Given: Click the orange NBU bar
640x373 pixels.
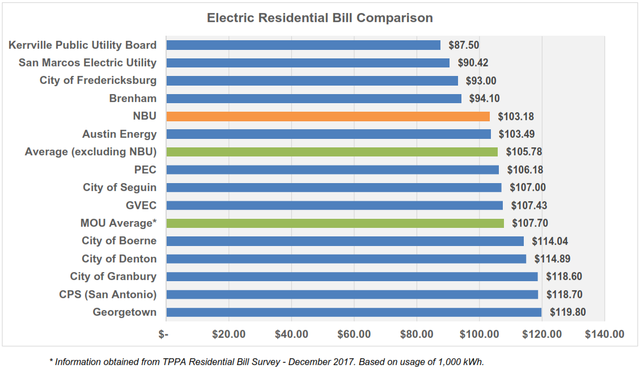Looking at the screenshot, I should (x=328, y=116).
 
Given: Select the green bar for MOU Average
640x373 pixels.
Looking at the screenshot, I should (x=334, y=223).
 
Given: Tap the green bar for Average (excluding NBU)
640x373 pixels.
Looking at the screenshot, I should (x=332, y=152).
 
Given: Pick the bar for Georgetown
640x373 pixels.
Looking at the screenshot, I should (x=354, y=312).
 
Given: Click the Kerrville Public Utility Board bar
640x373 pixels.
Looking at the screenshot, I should (x=303, y=45).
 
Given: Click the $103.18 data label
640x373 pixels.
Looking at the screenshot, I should (x=516, y=117).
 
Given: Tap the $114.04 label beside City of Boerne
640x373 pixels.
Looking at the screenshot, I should (x=550, y=241).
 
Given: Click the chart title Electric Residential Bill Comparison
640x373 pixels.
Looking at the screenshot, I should (x=320, y=18).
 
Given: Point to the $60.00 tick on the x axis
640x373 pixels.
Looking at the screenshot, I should (x=354, y=334).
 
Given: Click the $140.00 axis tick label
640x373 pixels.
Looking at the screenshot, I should (x=604, y=334).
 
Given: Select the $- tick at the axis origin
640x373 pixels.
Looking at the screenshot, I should (x=164, y=334).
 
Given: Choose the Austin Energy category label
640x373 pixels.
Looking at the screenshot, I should (x=119, y=134).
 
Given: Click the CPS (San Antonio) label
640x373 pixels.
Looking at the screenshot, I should (x=108, y=295).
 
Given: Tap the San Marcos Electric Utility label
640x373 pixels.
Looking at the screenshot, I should (x=87, y=63).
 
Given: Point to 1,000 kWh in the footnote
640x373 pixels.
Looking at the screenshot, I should (x=461, y=362).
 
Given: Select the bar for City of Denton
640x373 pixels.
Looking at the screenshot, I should (x=346, y=259).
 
